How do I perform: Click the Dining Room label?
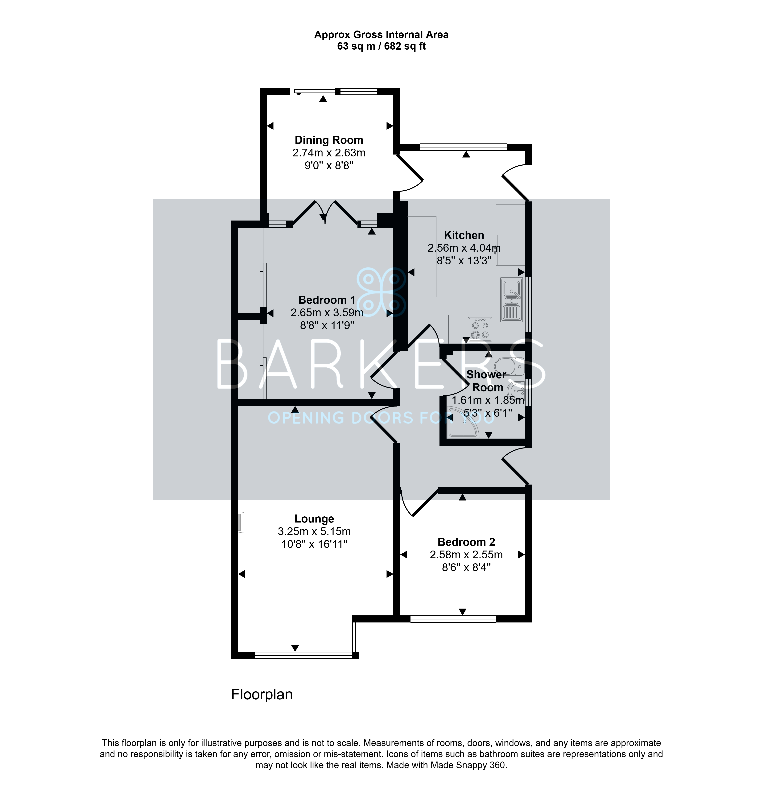coord(329,140)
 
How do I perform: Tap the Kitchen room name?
coord(464,235)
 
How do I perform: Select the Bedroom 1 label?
coord(327,300)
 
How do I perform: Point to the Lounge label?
coord(314,519)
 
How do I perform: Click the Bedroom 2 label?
coord(466,542)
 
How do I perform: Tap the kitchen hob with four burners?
coord(480,328)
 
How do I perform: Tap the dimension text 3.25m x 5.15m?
coord(314,531)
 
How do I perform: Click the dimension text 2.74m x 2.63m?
coord(329,153)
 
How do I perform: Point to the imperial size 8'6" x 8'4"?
coord(466,567)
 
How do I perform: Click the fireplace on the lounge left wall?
coord(241,522)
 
